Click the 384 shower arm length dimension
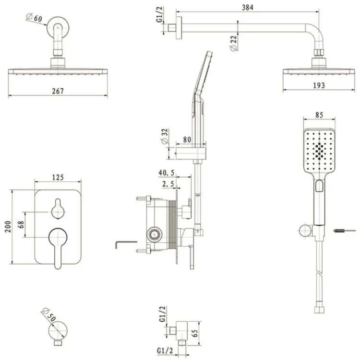pos(248,7)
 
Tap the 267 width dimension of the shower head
pos(58,91)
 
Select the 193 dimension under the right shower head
pos(319,86)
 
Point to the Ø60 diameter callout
pos(34,18)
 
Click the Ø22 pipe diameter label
pos(234,43)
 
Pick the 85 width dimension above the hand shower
pos(319,115)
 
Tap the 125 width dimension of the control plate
pos(58,177)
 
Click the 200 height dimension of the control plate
pos(8,226)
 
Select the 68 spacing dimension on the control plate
pos(21,224)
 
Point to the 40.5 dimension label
pos(167,173)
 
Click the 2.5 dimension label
pos(168,184)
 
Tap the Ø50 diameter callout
pos(48,315)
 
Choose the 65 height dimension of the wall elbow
pos(195,333)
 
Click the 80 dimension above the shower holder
pos(187,140)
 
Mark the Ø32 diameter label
pos(165,136)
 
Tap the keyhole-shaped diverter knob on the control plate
pos(58,209)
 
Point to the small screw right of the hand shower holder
pos(344,231)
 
